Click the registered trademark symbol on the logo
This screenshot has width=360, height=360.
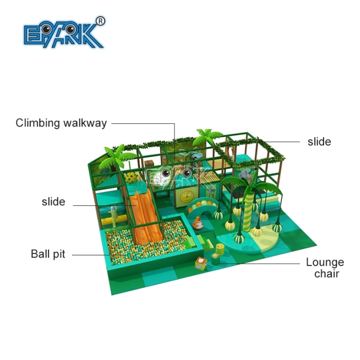100,21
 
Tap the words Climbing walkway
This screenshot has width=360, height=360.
61,123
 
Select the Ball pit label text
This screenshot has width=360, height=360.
48,254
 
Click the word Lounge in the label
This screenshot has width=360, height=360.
325,263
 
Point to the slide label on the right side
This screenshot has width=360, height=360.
319,142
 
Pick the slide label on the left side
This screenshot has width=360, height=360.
53,201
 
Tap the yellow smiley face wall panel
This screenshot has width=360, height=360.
187,197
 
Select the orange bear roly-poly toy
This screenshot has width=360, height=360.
197,223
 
